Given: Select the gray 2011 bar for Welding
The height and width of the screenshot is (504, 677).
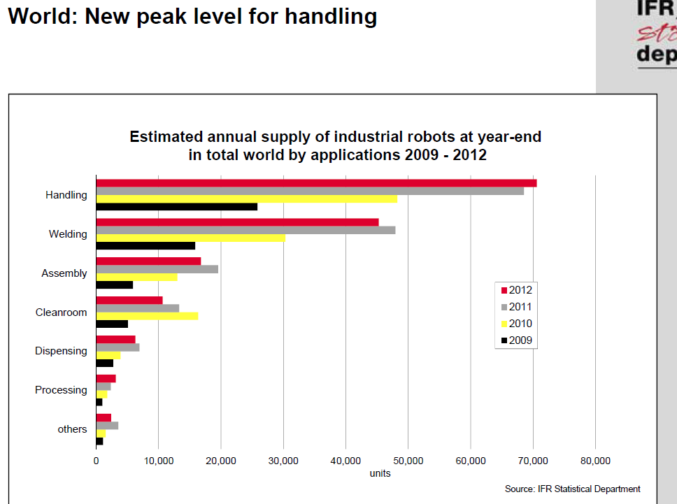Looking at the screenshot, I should tap(245, 230).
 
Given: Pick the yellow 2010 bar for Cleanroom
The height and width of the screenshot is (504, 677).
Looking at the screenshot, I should tap(147, 316).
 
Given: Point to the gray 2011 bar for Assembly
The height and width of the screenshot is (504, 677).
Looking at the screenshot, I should tap(157, 269).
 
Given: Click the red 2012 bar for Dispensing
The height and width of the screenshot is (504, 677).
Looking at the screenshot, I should tap(115, 340).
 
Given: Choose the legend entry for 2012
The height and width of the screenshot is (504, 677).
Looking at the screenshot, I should tap(517, 290).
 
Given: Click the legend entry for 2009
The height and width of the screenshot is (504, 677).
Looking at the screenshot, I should tap(517, 340).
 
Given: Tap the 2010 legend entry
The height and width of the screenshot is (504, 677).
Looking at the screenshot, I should tap(517, 324).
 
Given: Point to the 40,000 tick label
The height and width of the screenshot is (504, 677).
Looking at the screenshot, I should tap(345, 461).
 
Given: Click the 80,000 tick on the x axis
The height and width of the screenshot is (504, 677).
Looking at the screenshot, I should tap(595, 461).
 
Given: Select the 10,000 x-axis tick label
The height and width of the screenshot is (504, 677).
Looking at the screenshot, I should tap(158, 461).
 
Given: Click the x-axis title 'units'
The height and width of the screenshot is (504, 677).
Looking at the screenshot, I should tap(380, 473).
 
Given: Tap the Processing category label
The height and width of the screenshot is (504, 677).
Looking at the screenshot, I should tap(61, 390).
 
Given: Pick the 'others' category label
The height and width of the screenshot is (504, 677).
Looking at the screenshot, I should tap(72, 429).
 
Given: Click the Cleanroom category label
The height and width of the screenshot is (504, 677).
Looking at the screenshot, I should tap(61, 312).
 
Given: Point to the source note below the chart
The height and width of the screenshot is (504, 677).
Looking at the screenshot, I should tap(572, 489).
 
